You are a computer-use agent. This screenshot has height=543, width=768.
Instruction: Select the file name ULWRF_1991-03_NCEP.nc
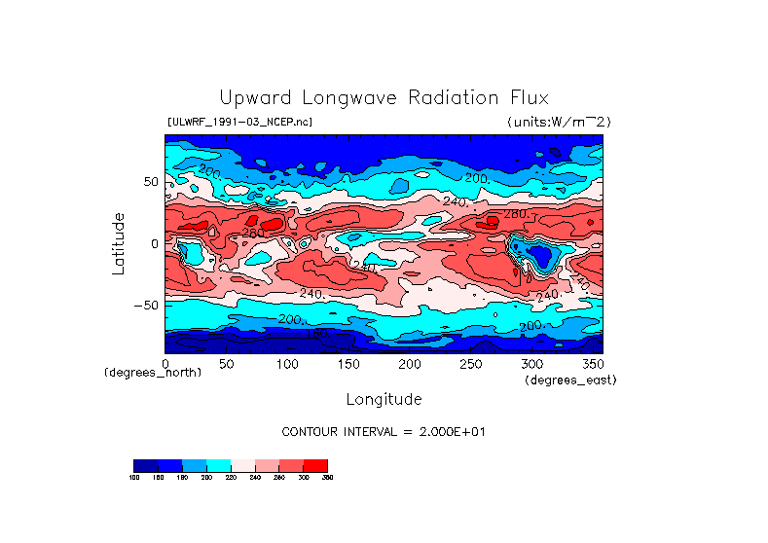[239, 122]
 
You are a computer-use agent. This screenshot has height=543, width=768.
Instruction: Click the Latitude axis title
[119, 243]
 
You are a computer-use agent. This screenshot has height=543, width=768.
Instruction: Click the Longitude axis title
[384, 399]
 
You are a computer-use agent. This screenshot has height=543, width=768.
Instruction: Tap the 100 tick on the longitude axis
[287, 363]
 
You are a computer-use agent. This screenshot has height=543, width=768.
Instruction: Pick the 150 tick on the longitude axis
[348, 363]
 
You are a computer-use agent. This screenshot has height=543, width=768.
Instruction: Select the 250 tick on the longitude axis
[471, 363]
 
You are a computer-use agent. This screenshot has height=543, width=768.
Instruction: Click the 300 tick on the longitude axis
[532, 363]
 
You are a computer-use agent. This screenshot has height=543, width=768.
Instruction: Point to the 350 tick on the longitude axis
[592, 363]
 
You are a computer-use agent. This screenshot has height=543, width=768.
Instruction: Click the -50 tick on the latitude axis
[146, 305]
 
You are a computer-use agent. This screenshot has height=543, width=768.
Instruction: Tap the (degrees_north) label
[153, 373]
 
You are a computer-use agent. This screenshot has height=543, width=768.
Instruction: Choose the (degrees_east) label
[570, 380]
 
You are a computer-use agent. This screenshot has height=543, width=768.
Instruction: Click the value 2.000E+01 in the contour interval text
[442, 431]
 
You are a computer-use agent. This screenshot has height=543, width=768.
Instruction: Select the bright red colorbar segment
[315, 465]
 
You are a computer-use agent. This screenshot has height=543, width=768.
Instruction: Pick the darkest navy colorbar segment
[145, 465]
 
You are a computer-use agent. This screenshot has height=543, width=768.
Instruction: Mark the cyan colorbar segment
[218, 465]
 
